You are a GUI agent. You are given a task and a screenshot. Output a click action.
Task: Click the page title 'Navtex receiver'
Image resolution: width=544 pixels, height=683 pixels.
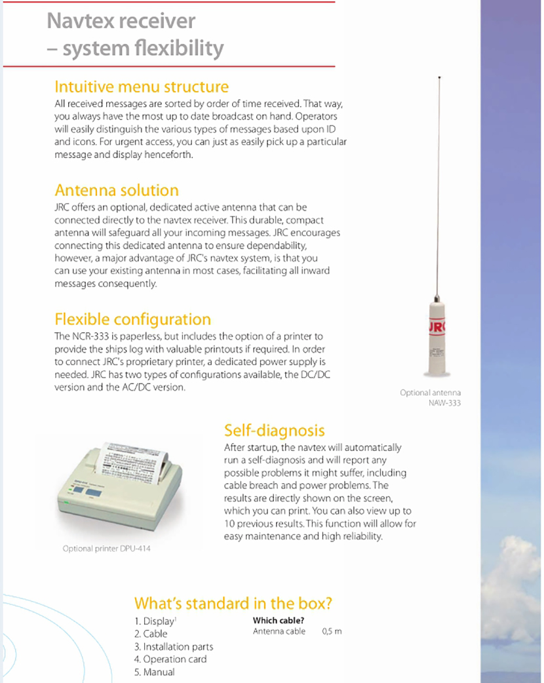coord(121,21)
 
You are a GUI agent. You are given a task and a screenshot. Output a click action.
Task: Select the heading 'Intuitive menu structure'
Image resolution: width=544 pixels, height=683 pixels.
coord(142,87)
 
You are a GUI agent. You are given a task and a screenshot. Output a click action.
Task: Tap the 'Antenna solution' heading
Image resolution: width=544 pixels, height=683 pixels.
coord(117,190)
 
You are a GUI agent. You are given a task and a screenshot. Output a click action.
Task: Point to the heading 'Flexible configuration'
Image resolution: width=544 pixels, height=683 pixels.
coord(132,319)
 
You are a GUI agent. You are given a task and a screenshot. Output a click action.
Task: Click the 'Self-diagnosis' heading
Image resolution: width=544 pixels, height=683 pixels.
coord(274,430)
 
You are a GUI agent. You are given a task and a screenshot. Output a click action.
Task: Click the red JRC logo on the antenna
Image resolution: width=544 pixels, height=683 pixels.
coord(438,326)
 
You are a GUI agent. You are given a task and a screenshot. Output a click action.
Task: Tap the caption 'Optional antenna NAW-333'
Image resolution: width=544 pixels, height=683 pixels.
coord(431,398)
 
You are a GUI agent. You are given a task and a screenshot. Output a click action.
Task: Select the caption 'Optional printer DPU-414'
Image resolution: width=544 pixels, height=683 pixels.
coord(106,548)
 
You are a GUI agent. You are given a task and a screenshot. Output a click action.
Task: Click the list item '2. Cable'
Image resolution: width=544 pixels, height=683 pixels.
coord(151,634)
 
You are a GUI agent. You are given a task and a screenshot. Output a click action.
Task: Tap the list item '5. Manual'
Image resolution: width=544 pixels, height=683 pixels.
coord(155,672)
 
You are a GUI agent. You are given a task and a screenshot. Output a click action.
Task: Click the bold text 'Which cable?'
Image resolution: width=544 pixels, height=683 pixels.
coord(279,620)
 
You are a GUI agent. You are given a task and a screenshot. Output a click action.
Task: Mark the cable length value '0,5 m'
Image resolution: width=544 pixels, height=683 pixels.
coord(332,632)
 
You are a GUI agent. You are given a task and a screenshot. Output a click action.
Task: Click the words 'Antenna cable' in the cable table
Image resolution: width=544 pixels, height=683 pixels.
coord(279,632)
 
